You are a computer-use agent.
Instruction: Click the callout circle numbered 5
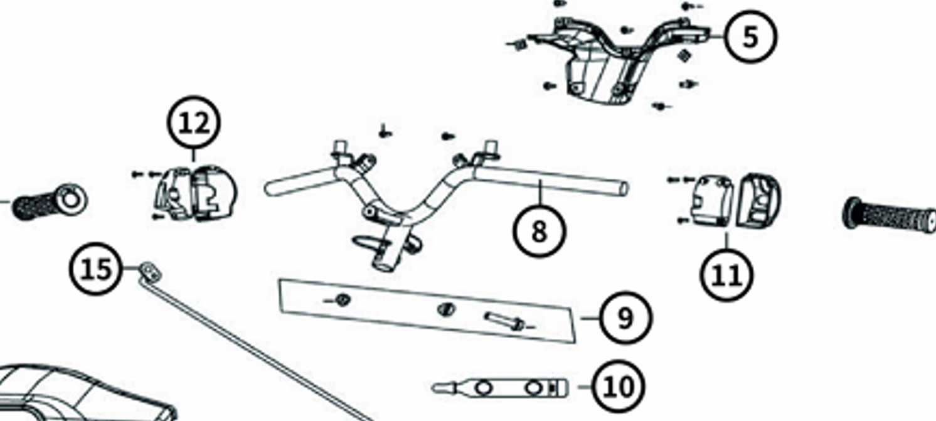(750, 37)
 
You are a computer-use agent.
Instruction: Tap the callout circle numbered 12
(193, 122)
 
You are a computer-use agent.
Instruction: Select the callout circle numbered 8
(540, 230)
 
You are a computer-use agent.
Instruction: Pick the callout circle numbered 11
(727, 275)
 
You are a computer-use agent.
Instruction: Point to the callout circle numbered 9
(625, 317)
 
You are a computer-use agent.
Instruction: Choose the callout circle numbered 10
(619, 386)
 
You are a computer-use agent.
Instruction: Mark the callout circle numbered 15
(96, 269)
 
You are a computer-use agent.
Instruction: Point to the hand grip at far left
(50, 202)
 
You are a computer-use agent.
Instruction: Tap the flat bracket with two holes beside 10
(500, 388)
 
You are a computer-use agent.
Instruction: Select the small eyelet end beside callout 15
(149, 272)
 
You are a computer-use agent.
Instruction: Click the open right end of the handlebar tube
(622, 189)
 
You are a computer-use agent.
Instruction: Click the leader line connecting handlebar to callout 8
(540, 193)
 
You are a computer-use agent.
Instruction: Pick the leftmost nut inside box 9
(343, 300)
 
